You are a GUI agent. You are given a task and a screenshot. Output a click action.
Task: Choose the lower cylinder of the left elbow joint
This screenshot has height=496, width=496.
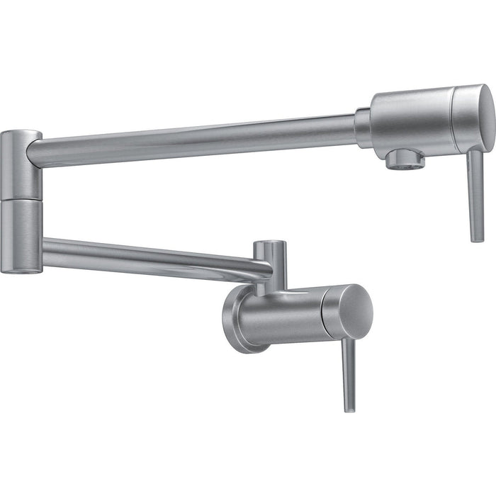pos(20,234)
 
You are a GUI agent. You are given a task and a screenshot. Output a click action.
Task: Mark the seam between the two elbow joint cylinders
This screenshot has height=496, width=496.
pos(20,198)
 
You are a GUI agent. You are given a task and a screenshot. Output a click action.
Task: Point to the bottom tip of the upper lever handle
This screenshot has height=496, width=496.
pos(478,238)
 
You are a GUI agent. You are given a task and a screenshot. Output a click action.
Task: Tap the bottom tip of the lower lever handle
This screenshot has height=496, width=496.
pos(349,408)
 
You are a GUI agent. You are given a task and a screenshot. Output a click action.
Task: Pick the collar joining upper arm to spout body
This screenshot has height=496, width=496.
pos(363,128)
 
